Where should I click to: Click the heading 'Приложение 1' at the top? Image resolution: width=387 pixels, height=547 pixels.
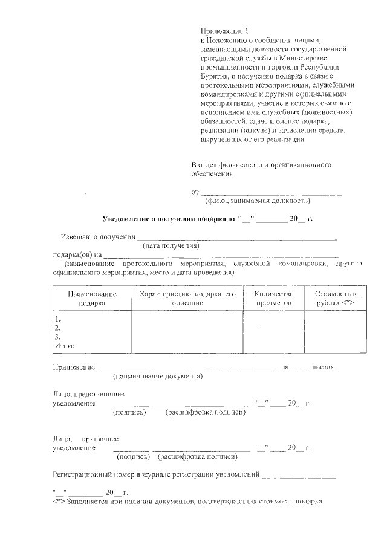(x=224, y=31)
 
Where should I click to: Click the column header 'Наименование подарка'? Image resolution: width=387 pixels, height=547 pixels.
(x=91, y=297)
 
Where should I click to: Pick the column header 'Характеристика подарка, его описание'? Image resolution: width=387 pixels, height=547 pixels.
(x=187, y=297)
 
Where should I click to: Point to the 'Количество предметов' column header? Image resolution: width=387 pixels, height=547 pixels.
(x=273, y=297)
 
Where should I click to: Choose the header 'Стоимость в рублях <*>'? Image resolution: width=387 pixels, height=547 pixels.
(x=335, y=297)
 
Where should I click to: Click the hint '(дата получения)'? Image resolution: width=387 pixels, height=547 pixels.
(x=171, y=246)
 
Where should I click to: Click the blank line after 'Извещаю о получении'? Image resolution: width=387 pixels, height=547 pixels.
(x=236, y=236)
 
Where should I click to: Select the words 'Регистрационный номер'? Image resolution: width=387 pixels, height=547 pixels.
(x=97, y=474)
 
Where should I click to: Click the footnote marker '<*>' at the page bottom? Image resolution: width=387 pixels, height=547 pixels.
(x=59, y=501)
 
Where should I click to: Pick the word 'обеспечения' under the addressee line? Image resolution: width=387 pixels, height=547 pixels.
(x=212, y=173)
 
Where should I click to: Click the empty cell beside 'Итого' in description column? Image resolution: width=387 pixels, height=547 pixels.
(x=187, y=346)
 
